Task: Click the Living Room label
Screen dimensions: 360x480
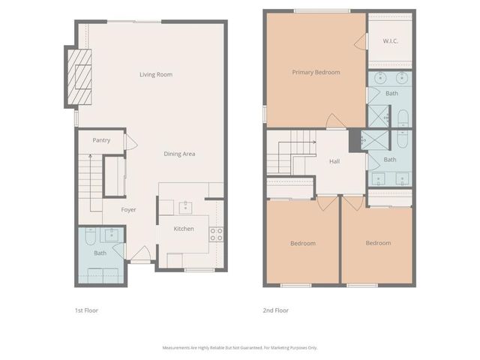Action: click(156, 74)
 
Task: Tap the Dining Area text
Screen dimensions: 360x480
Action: click(180, 154)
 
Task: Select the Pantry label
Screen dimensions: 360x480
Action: click(101, 140)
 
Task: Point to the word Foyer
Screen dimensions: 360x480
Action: click(128, 210)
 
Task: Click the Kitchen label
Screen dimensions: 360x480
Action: click(184, 229)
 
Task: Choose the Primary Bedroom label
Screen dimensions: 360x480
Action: click(316, 73)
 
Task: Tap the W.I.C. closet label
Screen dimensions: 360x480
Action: click(390, 41)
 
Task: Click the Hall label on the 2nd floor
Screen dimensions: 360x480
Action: click(334, 161)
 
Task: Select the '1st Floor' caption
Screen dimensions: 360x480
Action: click(86, 310)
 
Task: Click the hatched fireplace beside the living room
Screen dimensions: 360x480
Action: click(79, 76)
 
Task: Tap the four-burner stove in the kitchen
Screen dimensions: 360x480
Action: click(216, 233)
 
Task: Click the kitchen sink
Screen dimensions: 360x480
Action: click(184, 207)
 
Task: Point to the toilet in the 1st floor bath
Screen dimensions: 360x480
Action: click(88, 238)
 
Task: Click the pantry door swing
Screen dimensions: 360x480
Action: click(130, 142)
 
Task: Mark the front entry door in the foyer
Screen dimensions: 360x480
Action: click(141, 255)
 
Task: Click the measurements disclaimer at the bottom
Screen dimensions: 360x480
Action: click(240, 347)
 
